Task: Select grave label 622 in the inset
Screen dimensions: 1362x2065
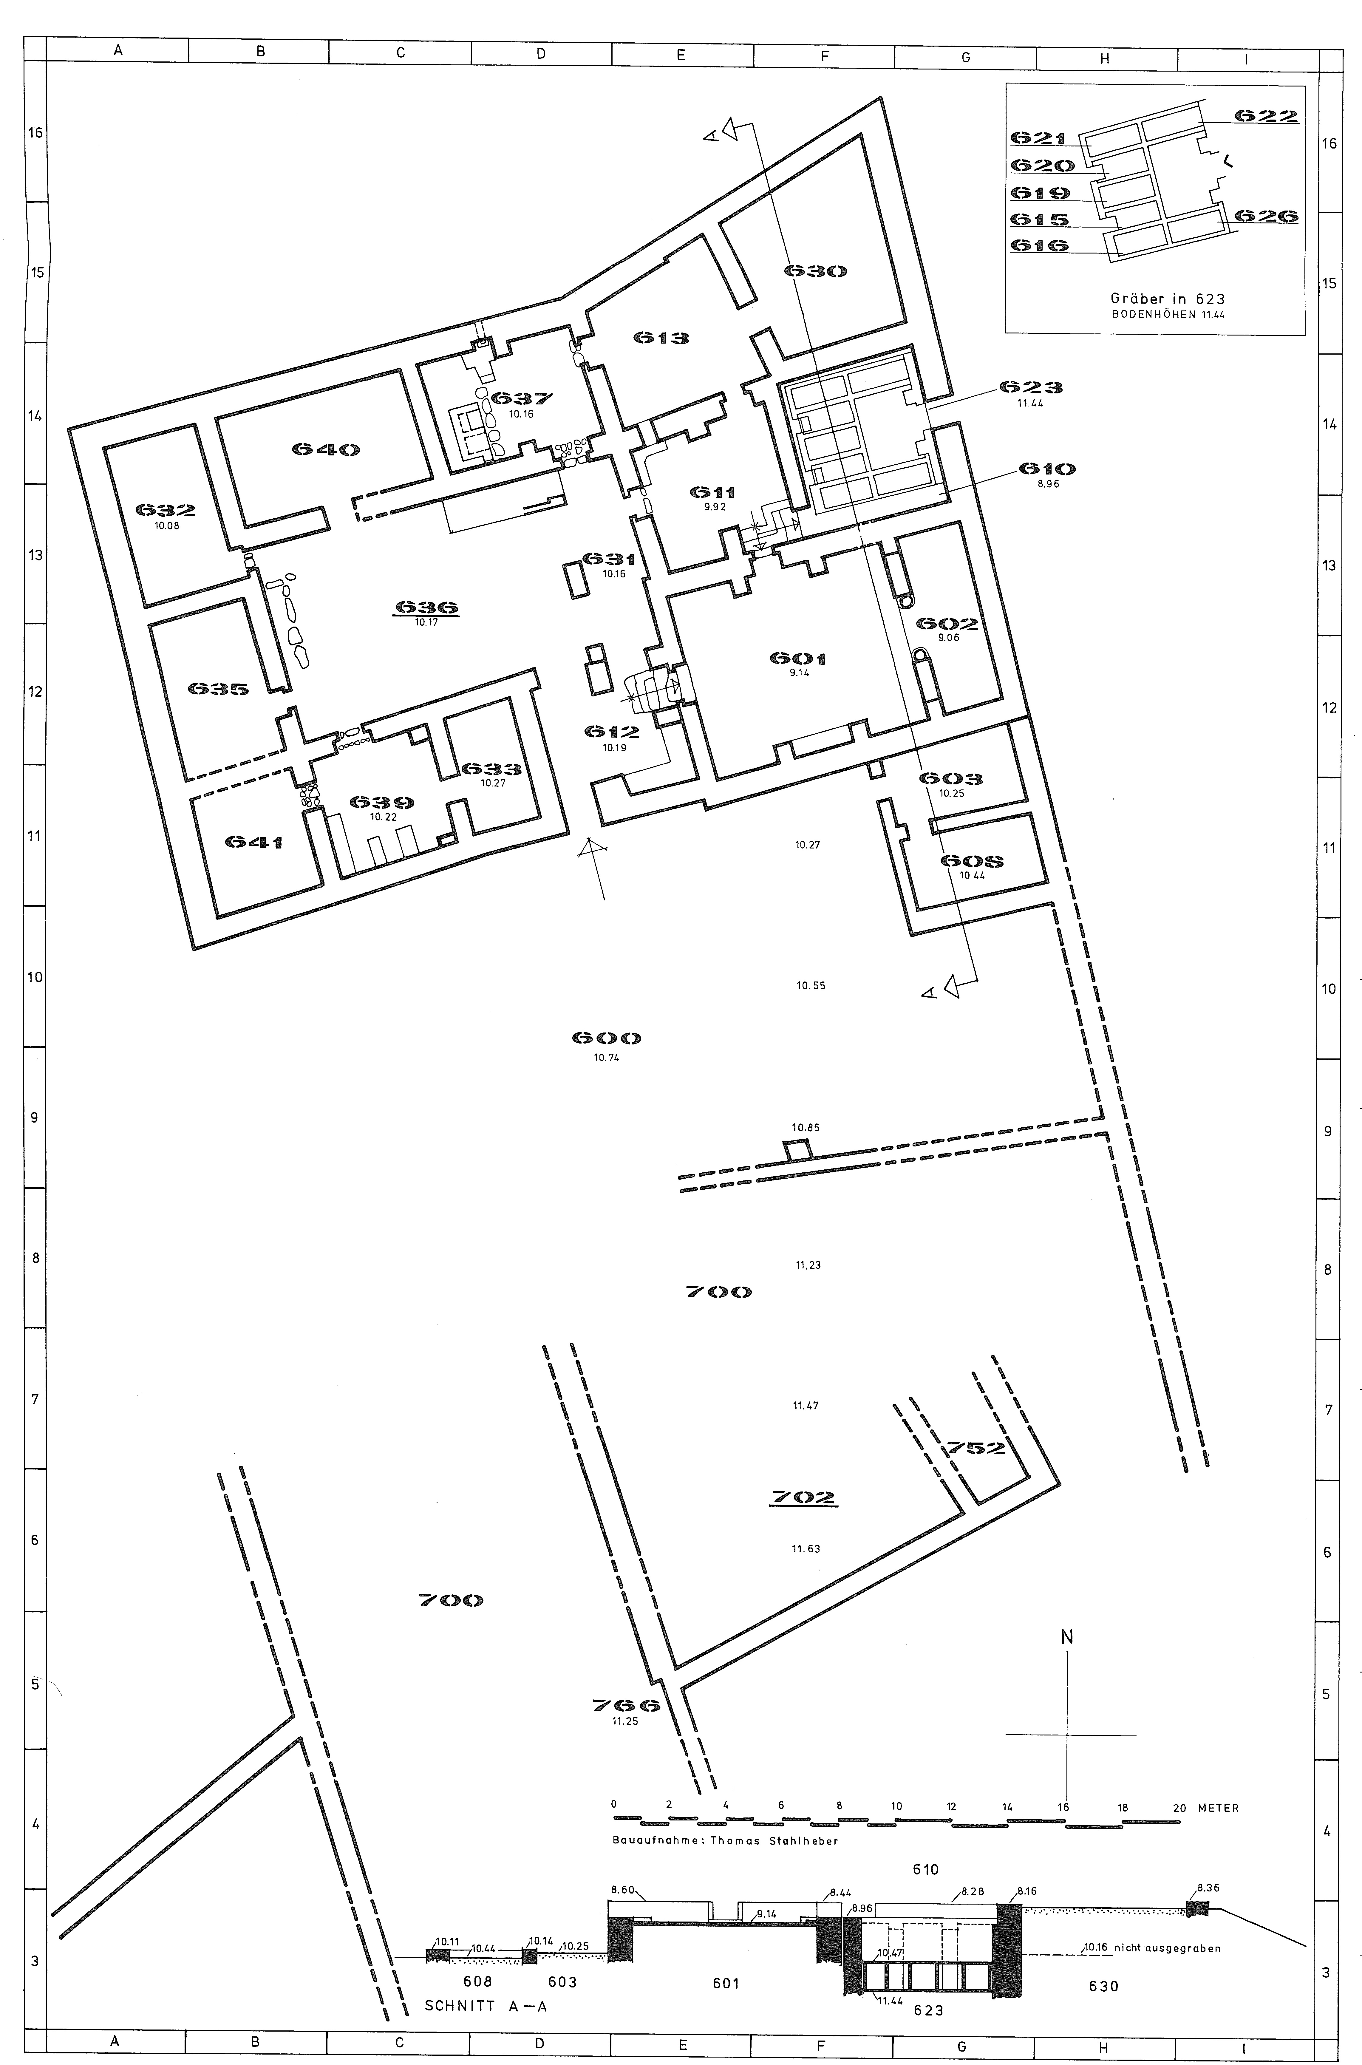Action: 1267,115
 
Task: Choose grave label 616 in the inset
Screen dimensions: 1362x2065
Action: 1039,246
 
